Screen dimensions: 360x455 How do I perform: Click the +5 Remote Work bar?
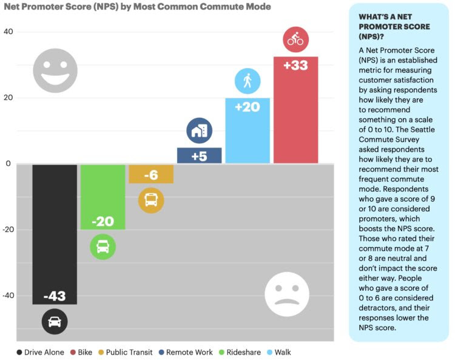199,155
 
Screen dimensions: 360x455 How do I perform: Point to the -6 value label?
151,175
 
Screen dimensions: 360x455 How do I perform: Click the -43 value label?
55,296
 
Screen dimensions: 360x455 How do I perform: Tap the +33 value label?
295,66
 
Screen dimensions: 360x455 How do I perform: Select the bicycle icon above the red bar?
295,41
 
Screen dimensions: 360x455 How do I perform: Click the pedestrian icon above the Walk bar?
248,80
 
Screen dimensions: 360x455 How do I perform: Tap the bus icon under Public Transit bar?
151,200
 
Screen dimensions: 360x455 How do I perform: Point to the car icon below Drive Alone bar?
55,322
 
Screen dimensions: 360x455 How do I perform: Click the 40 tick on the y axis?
9,32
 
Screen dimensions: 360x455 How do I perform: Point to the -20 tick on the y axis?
8,229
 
